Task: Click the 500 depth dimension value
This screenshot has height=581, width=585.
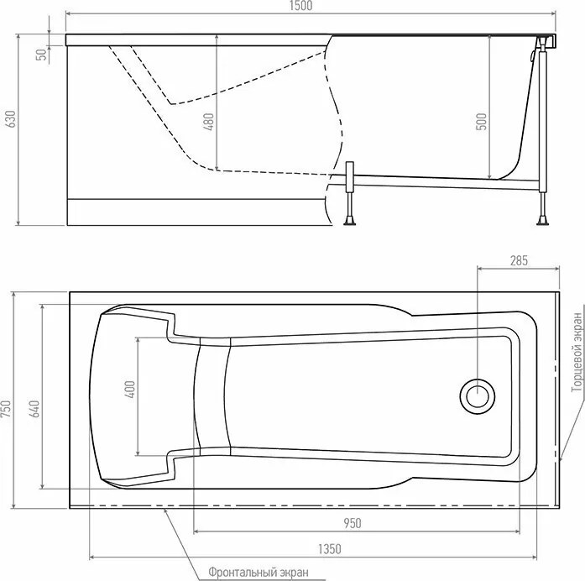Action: pos(481,121)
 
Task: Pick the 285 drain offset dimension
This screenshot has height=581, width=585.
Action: pos(518,260)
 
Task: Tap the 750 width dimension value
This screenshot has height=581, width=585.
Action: pos(7,409)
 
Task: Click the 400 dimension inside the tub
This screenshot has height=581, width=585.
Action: pos(130,390)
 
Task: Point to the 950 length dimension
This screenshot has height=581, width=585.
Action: pos(352,522)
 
